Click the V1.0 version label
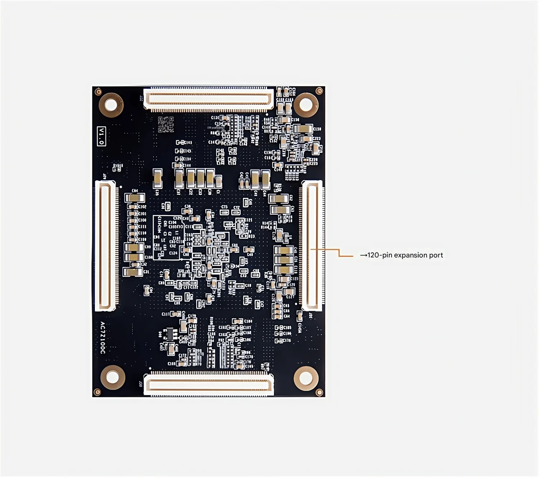(x=102, y=136)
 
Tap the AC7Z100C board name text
(x=103, y=337)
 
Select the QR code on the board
(x=166, y=124)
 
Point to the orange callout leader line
(x=339, y=252)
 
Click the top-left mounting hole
(x=111, y=105)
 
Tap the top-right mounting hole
(x=306, y=105)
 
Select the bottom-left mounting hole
(x=112, y=377)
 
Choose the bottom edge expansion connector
(x=208, y=385)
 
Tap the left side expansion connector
(x=106, y=246)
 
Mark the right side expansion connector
(x=312, y=246)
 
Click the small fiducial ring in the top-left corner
(x=98, y=92)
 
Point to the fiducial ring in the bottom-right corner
(x=319, y=392)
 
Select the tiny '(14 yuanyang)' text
(x=216, y=128)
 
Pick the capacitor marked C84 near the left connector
(x=135, y=197)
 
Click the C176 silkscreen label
(x=287, y=341)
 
